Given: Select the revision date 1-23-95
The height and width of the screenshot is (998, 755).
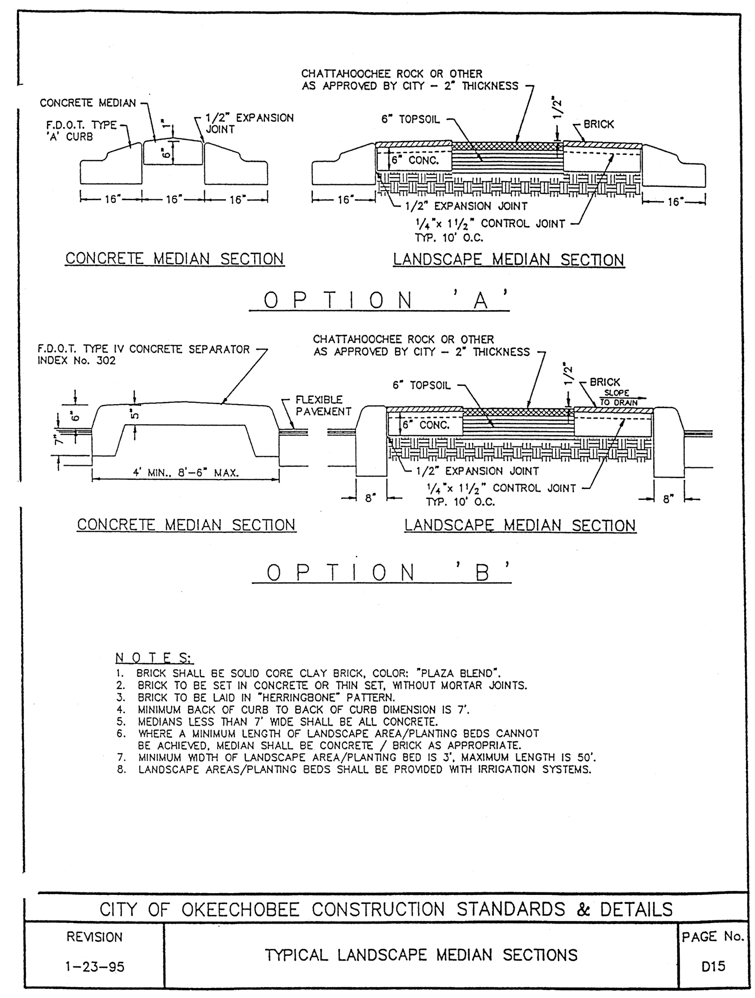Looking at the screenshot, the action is click(95, 966).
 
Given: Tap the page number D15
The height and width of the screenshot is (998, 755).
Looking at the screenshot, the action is click(713, 966).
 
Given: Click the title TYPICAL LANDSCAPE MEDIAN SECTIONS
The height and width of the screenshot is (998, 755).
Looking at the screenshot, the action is click(421, 955).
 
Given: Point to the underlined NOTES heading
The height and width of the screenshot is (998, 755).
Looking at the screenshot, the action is click(153, 658).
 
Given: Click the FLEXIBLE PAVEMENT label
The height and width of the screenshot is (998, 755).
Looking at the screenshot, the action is click(323, 405).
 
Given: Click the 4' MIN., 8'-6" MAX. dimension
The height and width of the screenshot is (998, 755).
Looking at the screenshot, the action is click(186, 473).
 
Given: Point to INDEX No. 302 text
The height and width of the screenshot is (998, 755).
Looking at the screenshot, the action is click(76, 361).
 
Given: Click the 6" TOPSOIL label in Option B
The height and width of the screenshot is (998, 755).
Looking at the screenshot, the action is click(421, 385).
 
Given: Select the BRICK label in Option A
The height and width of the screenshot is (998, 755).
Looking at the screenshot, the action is click(599, 124).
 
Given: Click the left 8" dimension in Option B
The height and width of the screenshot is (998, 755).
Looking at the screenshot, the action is click(371, 498).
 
